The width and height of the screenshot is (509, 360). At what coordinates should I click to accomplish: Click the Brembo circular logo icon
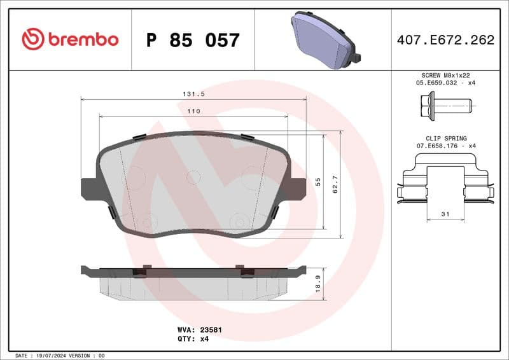point(32,39)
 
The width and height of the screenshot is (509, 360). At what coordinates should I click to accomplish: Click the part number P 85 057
point(193,40)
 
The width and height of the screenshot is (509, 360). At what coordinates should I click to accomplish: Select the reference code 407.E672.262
point(445,40)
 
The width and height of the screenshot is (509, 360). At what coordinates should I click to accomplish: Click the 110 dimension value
point(194,111)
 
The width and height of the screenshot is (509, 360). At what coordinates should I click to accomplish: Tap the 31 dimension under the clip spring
point(445,214)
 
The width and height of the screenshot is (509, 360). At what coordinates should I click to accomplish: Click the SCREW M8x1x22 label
point(445,75)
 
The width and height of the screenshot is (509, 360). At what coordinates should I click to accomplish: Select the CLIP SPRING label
point(446,138)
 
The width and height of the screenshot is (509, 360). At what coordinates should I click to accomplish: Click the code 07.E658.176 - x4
point(446,146)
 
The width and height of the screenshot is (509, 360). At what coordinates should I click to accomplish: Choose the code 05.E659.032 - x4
point(446,83)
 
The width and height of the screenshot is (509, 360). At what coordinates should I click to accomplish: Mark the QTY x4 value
point(204,339)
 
